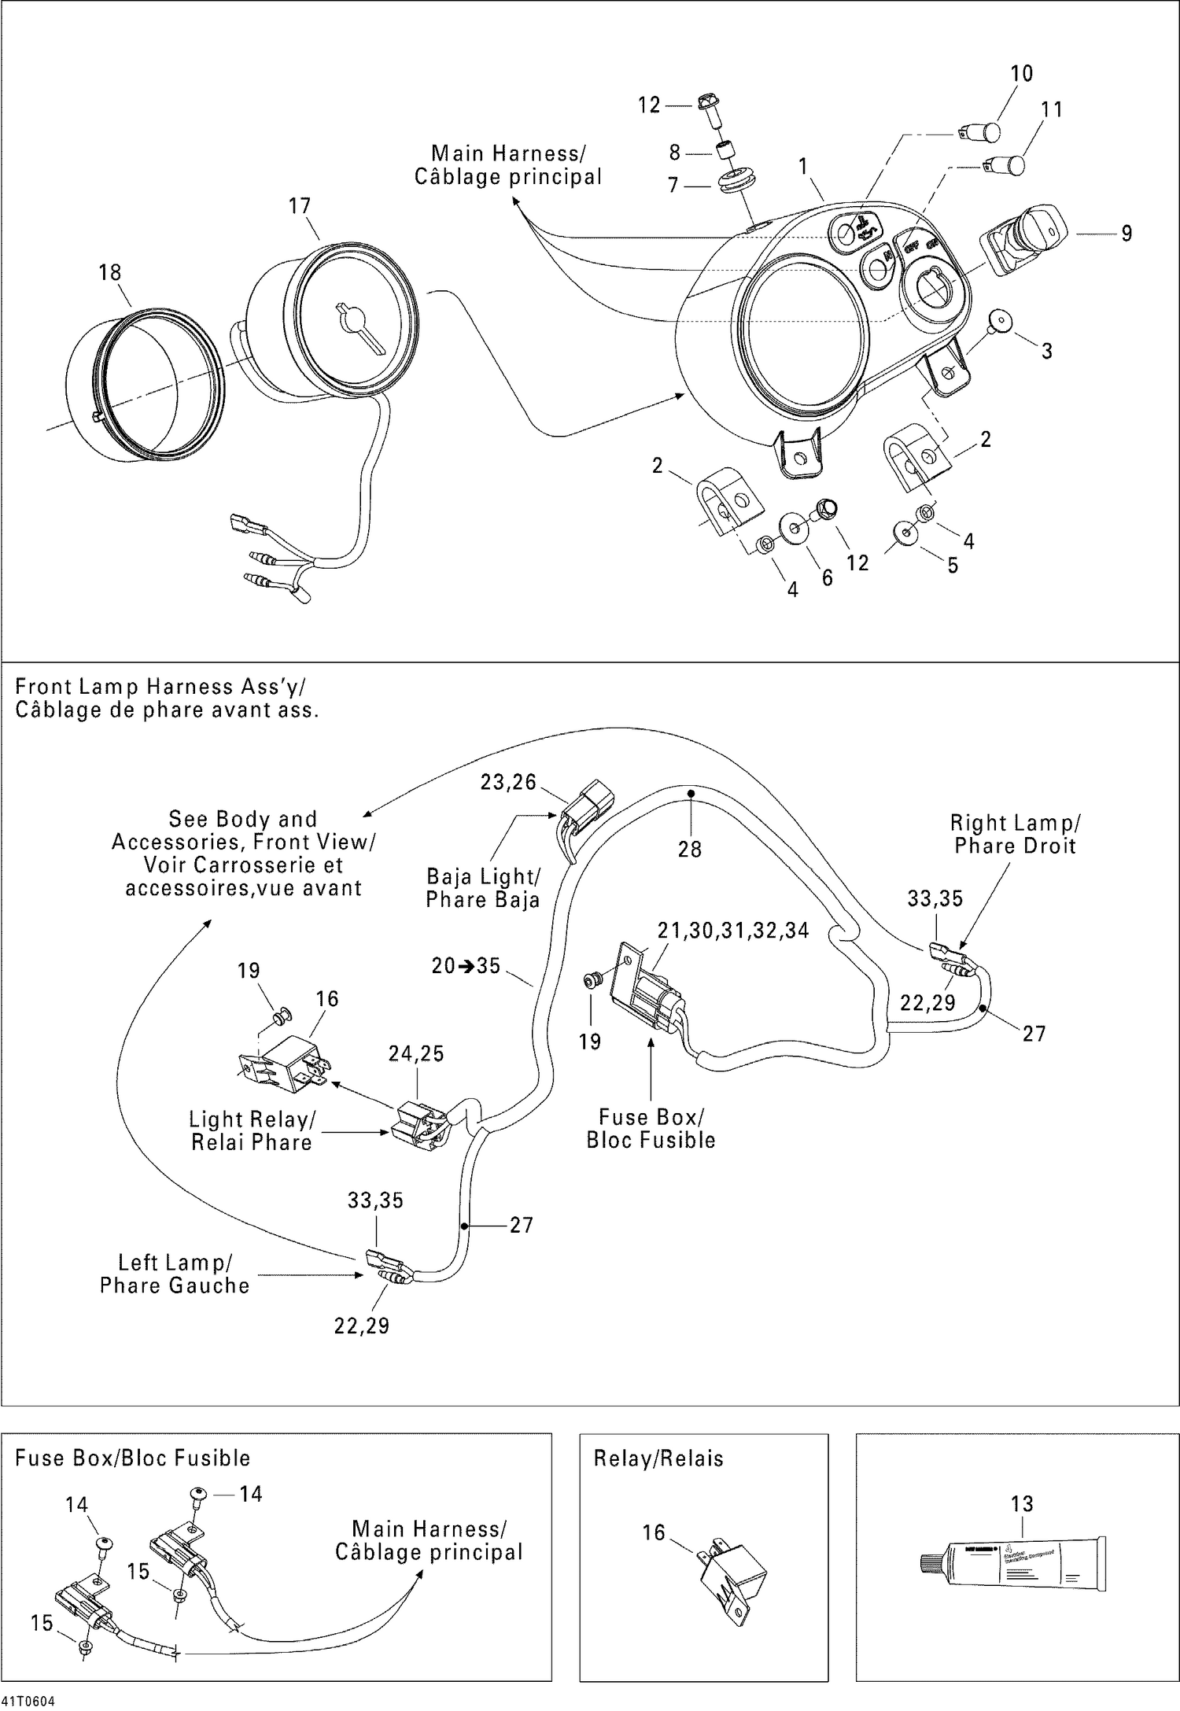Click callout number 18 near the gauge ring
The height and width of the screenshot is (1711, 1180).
click(109, 272)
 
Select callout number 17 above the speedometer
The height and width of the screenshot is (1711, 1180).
click(300, 206)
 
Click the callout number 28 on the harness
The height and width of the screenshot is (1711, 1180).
click(689, 849)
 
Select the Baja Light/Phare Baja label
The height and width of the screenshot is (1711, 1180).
click(483, 888)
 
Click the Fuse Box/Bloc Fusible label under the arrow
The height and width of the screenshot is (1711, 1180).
click(651, 1128)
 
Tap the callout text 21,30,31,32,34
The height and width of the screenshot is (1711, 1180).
click(733, 931)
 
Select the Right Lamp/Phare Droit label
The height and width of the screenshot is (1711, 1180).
click(1015, 835)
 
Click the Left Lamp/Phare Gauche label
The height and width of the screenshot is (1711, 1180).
click(175, 1274)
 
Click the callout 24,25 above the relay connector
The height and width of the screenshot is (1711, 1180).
click(416, 1053)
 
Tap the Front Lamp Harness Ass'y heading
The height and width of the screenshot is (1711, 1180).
click(167, 699)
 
